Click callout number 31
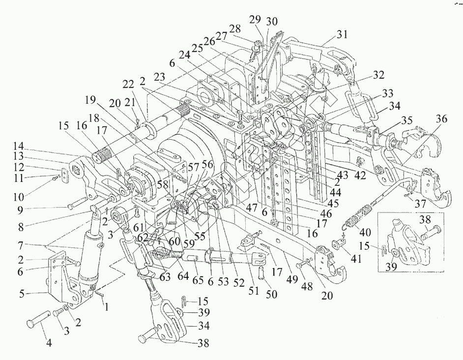342,34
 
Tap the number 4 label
49,343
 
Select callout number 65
198,280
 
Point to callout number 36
442,119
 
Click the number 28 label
235,29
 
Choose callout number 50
272,295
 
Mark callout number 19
90,100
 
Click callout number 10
18,196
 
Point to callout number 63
165,277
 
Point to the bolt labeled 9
78,205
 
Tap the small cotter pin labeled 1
99,294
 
